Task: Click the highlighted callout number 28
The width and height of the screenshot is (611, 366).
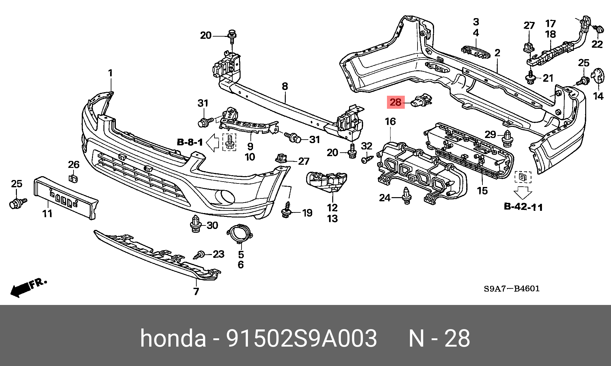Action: tap(396, 102)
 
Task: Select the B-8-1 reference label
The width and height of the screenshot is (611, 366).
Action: tap(190, 142)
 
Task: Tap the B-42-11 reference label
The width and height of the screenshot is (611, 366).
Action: tap(523, 207)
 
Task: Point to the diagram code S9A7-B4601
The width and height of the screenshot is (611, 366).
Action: tap(512, 289)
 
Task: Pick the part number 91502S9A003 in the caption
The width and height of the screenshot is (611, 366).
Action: tap(301, 338)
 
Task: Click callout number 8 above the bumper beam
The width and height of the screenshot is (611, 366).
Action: tap(285, 86)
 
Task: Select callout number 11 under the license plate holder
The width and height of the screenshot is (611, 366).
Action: tap(47, 213)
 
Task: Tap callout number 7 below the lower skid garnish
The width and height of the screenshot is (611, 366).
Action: tap(196, 291)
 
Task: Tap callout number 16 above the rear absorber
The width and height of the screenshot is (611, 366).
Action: tap(390, 121)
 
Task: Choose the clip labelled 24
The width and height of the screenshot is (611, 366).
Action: tap(406, 197)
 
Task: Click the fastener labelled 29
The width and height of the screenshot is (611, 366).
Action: tap(507, 139)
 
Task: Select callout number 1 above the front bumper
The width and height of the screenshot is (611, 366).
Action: tap(110, 73)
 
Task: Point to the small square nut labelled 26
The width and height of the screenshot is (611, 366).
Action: tap(74, 178)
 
